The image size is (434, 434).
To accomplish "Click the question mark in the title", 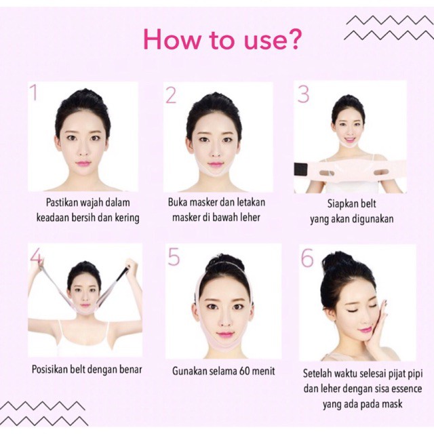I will point(294,39).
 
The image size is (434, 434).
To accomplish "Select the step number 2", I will point(171,95).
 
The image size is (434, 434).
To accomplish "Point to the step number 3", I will point(303,94).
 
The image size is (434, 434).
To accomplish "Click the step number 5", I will point(174,258).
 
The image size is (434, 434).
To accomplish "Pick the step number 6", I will point(308,259).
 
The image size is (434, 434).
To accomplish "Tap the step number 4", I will point(37,257).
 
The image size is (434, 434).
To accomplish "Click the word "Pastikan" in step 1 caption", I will point(64,203).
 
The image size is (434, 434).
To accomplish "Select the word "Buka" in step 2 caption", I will point(178,203).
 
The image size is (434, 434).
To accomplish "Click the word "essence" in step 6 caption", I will point(405,389).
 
